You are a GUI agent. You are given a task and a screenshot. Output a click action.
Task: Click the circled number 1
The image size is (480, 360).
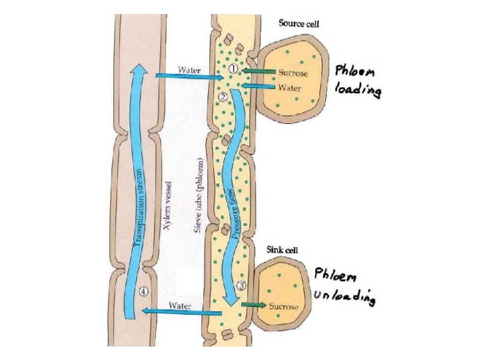pyautogui.click(x=233, y=69)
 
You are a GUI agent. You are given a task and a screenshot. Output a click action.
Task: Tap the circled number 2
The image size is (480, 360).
pyautogui.click(x=223, y=97)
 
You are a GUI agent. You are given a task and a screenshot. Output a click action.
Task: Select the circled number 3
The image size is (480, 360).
pyautogui.click(x=241, y=285)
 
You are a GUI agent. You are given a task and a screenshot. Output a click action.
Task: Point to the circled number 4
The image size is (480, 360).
pyautogui.click(x=144, y=291)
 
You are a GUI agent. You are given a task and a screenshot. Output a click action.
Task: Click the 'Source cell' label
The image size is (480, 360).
pyautogui.click(x=299, y=23)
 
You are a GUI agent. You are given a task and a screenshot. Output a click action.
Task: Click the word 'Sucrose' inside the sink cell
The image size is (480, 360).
pyautogui.click(x=283, y=307)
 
